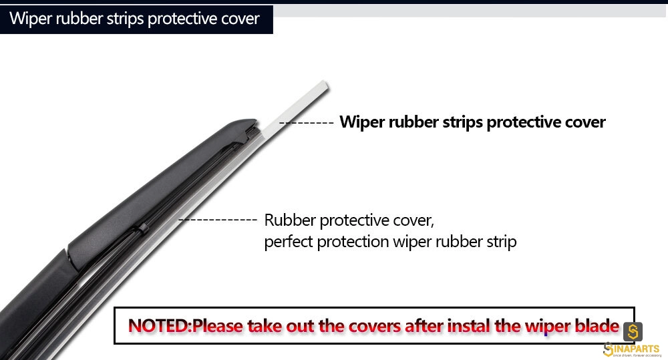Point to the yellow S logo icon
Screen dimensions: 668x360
click(633, 331)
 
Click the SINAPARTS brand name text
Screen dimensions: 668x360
click(632, 349)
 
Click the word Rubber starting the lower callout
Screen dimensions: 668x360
click(290, 220)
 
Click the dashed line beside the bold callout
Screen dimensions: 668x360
click(307, 123)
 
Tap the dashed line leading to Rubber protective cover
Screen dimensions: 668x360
click(217, 220)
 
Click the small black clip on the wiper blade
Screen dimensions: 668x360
click(142, 229)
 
